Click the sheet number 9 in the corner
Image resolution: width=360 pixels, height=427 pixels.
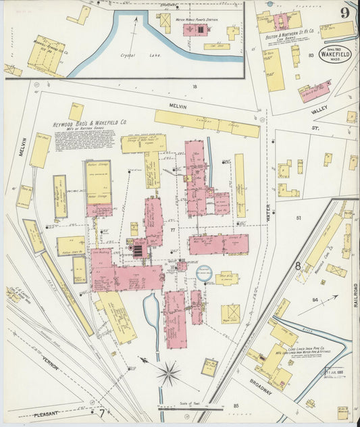(x=345, y=12)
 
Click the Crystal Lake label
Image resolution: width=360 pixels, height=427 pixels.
(x=133, y=56)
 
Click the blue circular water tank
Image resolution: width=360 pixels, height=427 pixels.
(x=203, y=273)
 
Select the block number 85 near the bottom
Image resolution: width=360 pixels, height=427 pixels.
(x=236, y=406)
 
